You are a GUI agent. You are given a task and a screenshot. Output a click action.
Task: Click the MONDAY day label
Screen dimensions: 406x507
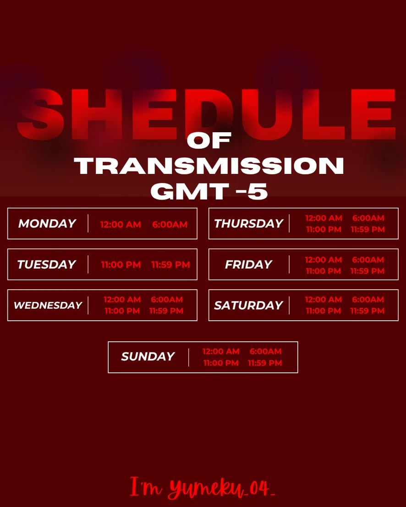pos(47,223)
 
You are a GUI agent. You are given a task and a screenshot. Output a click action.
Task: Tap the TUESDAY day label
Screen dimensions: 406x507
pos(47,264)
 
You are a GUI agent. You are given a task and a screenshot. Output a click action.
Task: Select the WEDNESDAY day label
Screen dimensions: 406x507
pos(48,305)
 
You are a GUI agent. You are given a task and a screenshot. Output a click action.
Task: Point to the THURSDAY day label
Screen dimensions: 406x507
pos(249,223)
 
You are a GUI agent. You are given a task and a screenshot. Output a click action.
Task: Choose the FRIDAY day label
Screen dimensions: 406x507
pos(249,264)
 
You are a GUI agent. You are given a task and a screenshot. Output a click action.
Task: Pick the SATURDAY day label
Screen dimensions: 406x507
pos(249,305)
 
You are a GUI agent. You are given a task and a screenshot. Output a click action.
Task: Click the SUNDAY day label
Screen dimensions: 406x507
pos(148,356)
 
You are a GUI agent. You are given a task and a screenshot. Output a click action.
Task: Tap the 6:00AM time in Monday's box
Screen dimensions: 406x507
pos(170,224)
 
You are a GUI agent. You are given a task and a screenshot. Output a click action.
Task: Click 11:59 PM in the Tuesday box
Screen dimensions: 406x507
pos(170,264)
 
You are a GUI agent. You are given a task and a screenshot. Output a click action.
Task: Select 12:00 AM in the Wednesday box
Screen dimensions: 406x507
pos(122,299)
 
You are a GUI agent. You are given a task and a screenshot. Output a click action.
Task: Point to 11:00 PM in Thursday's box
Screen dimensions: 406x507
pos(324,229)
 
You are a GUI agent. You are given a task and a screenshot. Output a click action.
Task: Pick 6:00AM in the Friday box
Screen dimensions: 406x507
pos(368,259)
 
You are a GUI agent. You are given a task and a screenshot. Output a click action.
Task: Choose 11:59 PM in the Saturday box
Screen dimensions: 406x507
pos(368,311)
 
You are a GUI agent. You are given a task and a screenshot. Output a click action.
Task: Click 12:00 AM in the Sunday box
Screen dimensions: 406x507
pos(221,351)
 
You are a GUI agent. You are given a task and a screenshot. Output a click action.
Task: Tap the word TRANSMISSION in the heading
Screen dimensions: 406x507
pos(209,166)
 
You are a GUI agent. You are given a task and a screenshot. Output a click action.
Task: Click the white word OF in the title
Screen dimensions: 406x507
pos(209,140)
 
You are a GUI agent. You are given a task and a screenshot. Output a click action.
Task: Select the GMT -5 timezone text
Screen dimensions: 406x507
pos(209,191)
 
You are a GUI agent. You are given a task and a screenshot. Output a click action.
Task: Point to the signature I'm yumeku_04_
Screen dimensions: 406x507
pos(203,487)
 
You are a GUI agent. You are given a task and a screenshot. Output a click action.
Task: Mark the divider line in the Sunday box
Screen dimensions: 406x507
pos(189,357)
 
